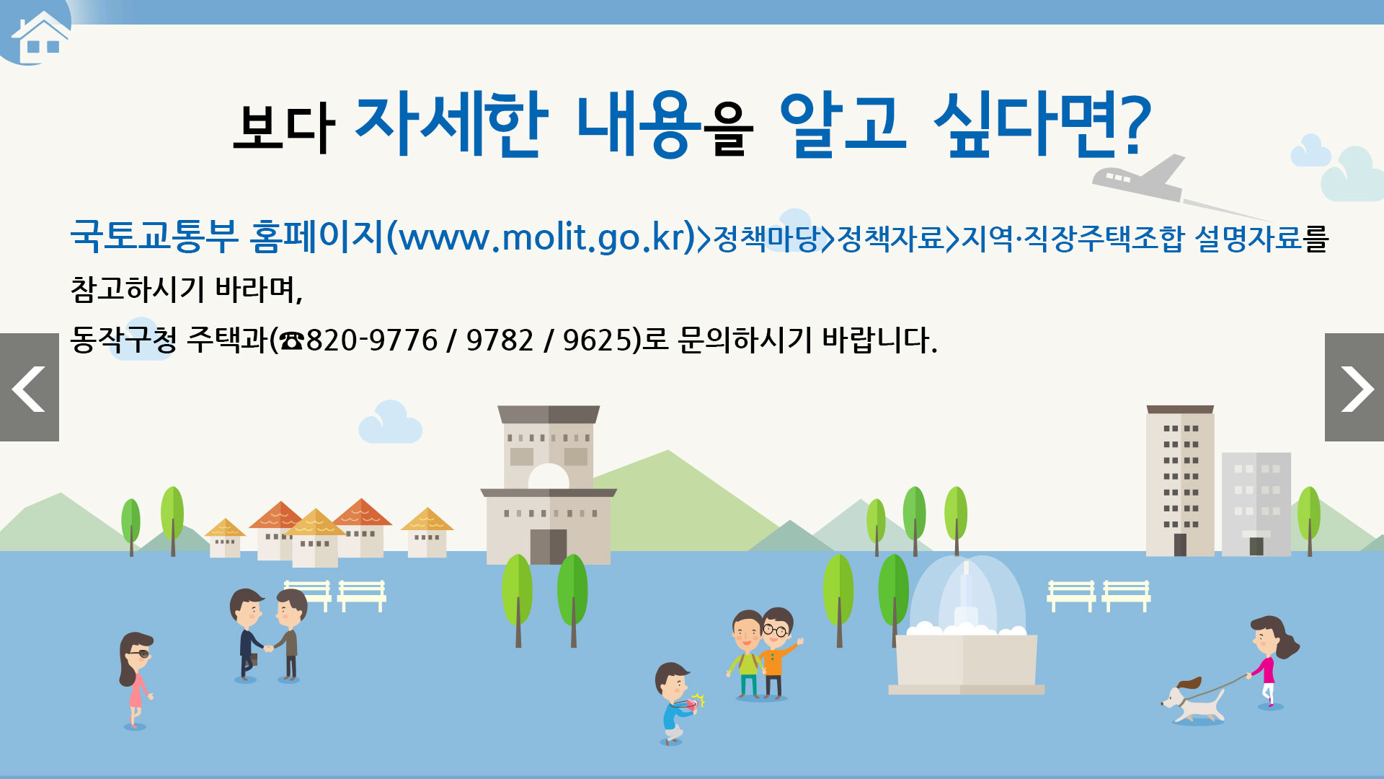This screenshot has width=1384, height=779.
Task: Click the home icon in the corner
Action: [41, 38]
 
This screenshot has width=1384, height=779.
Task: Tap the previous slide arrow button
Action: [29, 387]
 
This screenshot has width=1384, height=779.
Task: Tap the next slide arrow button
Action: [1354, 387]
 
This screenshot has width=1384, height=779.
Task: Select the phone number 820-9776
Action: [372, 340]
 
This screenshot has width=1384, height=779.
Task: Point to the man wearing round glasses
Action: [778, 653]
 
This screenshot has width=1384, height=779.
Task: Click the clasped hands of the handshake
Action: [268, 648]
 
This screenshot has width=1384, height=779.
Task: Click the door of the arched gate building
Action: [549, 546]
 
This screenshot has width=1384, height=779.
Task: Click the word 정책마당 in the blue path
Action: [766, 238]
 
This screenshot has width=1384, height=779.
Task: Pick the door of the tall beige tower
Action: [1180, 545]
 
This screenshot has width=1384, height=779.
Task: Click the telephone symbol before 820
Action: [292, 340]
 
